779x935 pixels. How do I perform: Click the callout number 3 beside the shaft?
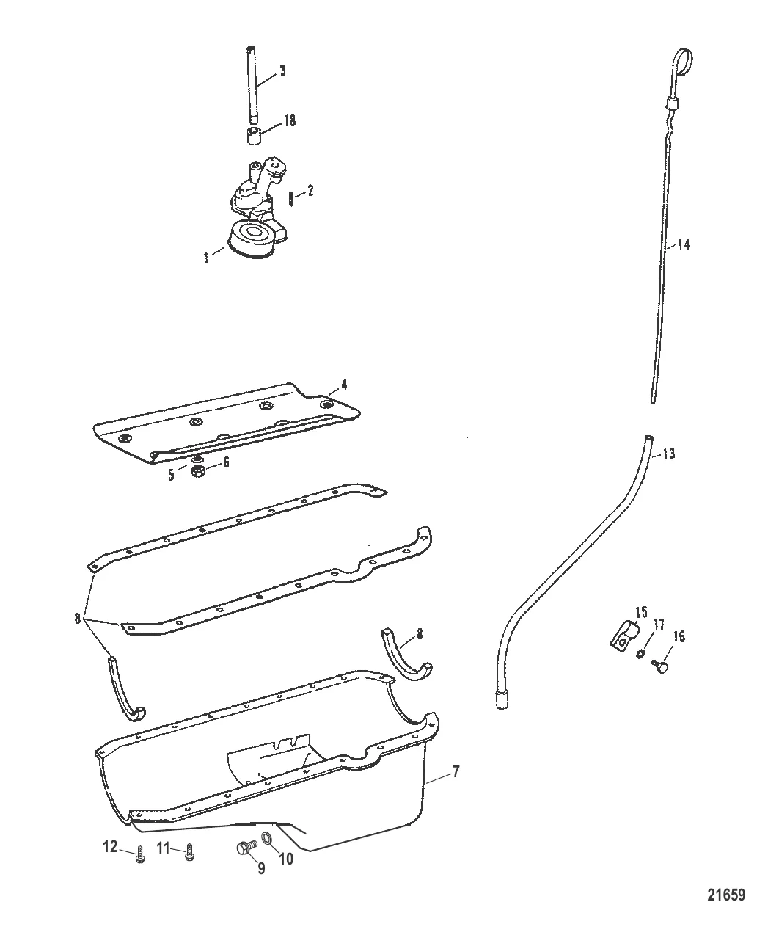click(282, 71)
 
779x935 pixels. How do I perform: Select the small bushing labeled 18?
click(254, 137)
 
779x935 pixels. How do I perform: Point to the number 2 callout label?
click(310, 191)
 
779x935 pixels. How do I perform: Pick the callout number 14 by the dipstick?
click(683, 245)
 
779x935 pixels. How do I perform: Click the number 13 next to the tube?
click(668, 454)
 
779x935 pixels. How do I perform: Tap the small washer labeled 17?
click(640, 653)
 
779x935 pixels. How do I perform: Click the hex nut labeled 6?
click(197, 473)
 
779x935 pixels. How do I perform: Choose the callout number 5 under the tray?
click(171, 474)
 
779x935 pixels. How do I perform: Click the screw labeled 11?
click(189, 852)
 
